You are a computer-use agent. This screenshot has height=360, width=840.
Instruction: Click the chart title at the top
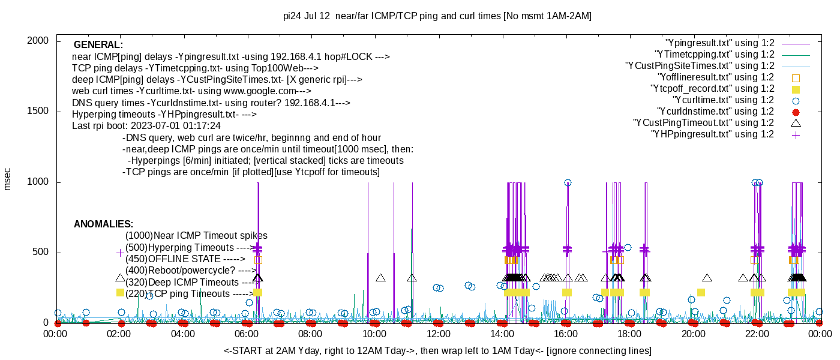coord(437,16)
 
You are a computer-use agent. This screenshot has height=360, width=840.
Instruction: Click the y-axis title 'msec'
coord(8,179)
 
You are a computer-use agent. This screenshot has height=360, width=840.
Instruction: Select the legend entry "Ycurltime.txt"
coord(723,100)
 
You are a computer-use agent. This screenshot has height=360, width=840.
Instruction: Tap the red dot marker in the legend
coord(796,112)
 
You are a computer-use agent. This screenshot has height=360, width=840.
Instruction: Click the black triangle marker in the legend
coord(796,123)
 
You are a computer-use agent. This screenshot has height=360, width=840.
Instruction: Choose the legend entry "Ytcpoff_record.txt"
coord(712,89)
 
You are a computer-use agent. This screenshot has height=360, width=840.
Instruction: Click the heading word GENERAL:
coord(98,45)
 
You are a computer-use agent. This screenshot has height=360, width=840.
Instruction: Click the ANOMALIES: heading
coord(103,224)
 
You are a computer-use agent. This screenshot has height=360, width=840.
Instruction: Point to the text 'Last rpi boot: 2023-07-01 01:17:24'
coord(146,126)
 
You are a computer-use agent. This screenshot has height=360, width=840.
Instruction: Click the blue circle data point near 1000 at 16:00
coord(568,183)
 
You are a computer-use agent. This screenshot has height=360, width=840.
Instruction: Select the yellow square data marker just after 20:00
coord(701,293)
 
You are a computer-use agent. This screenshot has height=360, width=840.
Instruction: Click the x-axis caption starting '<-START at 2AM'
coord(437,350)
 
